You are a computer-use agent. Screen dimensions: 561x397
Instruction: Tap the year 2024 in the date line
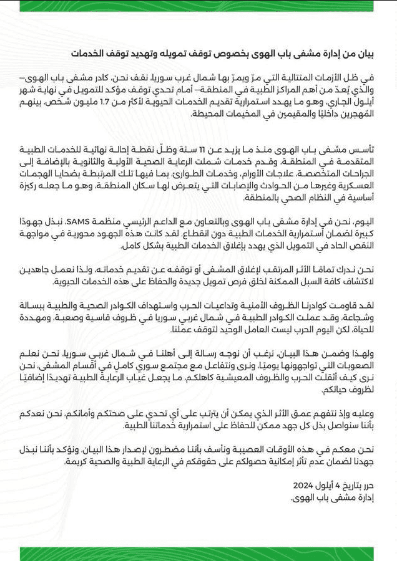(x=306, y=484)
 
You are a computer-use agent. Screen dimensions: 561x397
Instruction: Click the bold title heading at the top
(x=227, y=54)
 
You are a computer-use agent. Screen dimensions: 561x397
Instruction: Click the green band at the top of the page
(x=198, y=5)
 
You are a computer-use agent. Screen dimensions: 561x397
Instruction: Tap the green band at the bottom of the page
(x=198, y=554)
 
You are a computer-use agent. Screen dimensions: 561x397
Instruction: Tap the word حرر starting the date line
(x=369, y=484)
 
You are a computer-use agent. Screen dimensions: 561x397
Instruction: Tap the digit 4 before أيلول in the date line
(x=338, y=484)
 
